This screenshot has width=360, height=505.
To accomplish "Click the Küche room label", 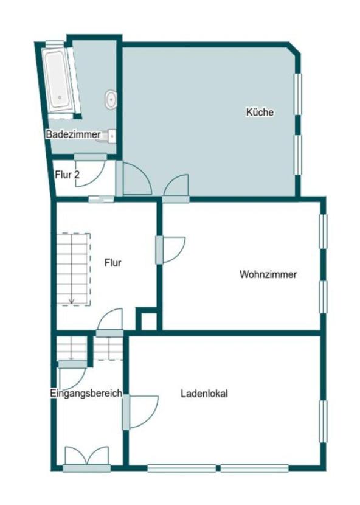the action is (260, 112).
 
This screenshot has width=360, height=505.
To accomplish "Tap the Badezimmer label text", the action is (73, 134).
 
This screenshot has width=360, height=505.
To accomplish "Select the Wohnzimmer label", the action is (268, 274).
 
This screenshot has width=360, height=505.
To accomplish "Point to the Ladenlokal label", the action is (204, 393).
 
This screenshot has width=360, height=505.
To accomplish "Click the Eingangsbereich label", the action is (86, 393).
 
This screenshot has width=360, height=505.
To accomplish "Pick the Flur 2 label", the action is (67, 175).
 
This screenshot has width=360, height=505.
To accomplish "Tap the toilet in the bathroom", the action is (111, 99).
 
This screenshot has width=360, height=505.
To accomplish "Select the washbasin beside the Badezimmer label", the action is (111, 136).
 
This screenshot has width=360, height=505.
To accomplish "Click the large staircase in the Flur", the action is (74, 269).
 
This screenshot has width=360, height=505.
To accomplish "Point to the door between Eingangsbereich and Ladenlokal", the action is (140, 412).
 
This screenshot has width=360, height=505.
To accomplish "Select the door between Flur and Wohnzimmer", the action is (170, 250).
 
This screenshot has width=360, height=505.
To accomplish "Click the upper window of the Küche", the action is (298, 94).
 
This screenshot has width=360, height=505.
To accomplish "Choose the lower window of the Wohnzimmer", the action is (323, 297).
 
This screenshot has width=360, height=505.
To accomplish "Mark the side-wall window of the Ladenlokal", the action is (323, 421).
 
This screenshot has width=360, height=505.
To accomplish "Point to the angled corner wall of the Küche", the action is (294, 48).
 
